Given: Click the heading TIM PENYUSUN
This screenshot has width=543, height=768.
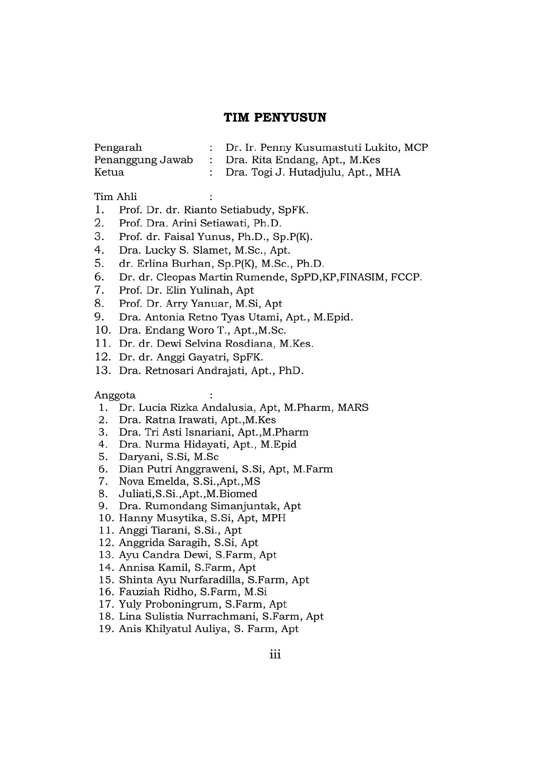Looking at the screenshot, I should click(x=274, y=118).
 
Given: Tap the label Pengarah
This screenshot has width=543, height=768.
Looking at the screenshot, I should click(x=118, y=148).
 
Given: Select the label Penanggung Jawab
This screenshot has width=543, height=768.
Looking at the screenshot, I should click(x=143, y=160).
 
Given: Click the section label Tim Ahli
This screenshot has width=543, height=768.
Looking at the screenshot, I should click(x=115, y=197).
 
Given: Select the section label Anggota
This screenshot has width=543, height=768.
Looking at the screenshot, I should click(x=115, y=395).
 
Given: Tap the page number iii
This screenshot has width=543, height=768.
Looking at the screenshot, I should click(x=275, y=655).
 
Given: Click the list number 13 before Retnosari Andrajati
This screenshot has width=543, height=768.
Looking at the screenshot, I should click(x=103, y=370).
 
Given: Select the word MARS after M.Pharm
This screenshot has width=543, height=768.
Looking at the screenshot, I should click(x=353, y=408).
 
